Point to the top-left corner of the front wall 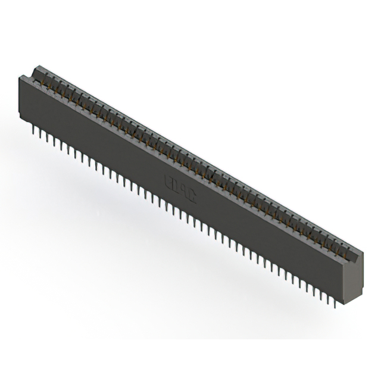tap(20, 77)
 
